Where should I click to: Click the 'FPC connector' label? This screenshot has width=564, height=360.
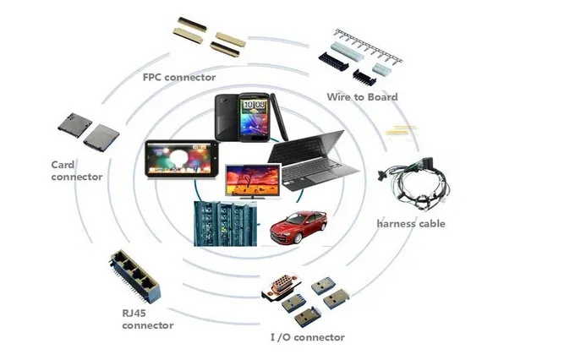[179, 78]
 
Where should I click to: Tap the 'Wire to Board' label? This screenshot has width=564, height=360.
[362, 97]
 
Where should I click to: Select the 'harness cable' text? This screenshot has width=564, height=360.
[410, 224]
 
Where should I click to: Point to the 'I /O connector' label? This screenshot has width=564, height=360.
[307, 337]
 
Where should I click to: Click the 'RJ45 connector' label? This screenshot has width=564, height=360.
[147, 319]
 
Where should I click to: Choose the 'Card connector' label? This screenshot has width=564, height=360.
[77, 171]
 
